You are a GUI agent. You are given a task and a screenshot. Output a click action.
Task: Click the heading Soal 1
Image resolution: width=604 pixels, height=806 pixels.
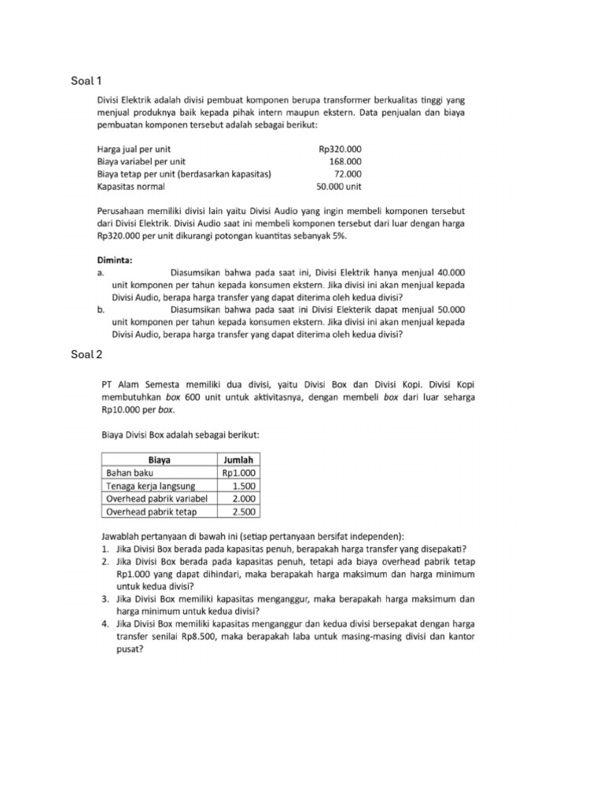pos(87,80)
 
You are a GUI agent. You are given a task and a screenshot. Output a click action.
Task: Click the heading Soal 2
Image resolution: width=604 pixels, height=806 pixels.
pos(87,354)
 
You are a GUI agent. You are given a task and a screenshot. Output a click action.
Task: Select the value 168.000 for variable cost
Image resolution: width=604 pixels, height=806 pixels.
pos(345,161)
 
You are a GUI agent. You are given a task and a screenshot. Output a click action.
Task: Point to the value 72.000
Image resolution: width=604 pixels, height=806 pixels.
pos(348,174)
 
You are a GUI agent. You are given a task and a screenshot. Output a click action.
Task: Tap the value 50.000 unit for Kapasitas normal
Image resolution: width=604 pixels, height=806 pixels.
pos(338,187)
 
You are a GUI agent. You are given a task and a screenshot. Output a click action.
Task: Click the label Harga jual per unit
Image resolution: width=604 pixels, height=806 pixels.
pos(134,149)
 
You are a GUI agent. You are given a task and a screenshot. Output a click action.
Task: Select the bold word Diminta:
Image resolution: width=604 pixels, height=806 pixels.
pos(115,259)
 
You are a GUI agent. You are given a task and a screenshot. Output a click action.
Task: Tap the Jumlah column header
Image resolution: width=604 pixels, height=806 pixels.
pos(238,460)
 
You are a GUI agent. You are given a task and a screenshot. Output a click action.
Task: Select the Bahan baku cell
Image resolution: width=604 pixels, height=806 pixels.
pos(130,473)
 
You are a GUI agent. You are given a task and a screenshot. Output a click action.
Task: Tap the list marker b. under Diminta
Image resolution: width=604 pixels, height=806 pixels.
pos(101,310)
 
